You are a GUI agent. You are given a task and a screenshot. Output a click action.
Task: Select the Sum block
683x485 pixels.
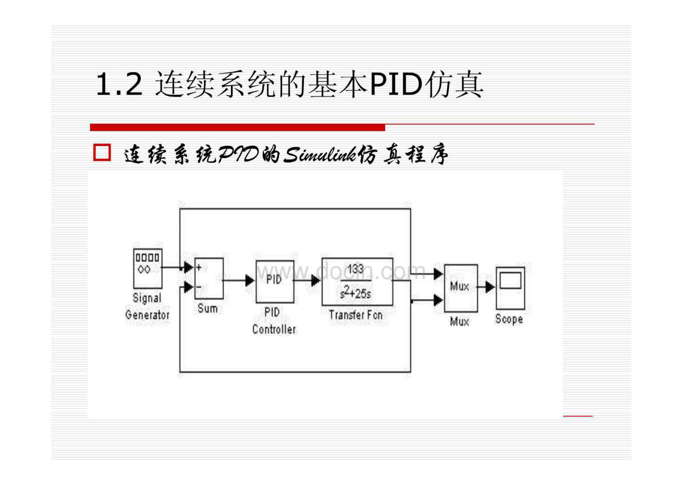209,278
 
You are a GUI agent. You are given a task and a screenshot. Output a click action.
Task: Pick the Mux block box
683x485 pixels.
461,288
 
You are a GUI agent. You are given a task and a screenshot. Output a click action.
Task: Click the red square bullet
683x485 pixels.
102,153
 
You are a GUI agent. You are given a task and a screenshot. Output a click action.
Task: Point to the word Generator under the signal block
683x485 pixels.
147,315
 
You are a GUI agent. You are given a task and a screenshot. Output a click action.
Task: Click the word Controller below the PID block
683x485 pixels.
274,329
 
